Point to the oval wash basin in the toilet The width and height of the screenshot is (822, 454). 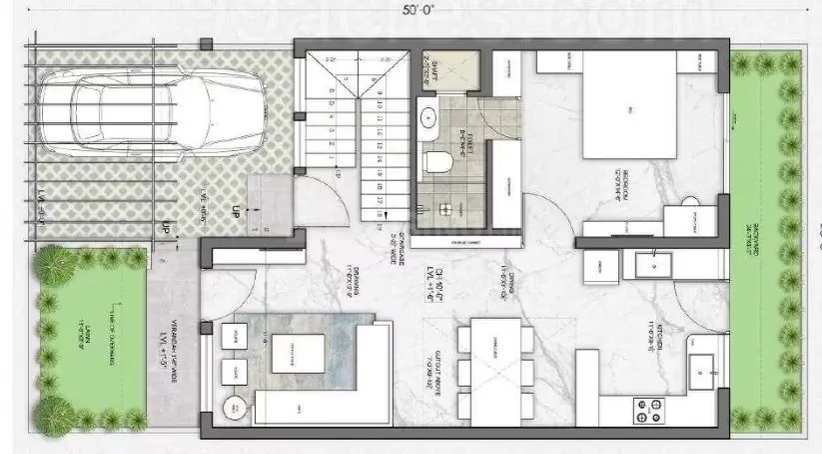[x=430, y=116]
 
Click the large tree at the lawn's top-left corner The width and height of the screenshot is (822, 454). [x=54, y=268]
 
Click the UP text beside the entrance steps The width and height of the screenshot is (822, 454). [x=236, y=213]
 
